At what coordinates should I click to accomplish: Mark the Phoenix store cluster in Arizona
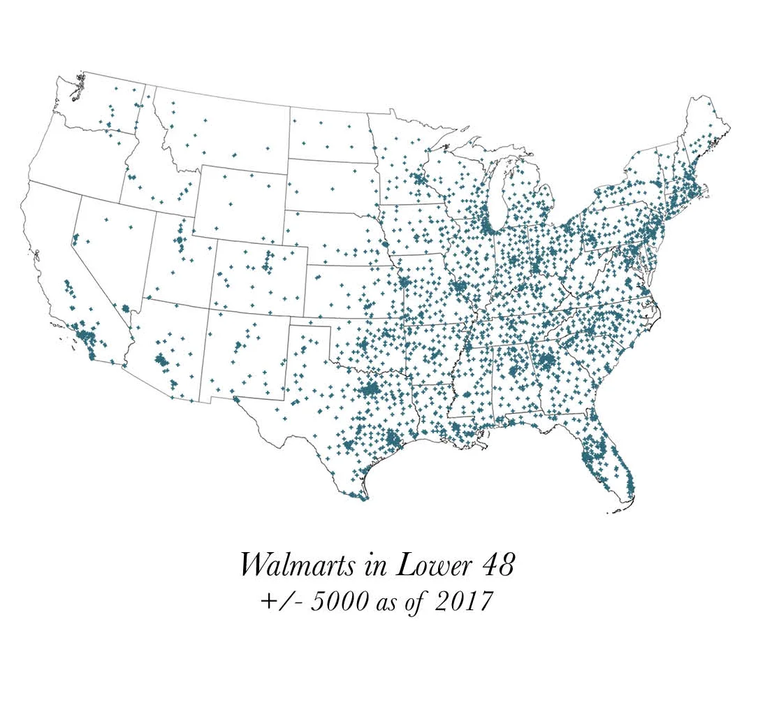coord(161,361)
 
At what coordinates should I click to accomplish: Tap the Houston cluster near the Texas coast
coord(393,440)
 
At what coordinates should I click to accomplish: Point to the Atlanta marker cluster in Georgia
coord(546,361)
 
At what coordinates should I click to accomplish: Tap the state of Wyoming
coord(242,203)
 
